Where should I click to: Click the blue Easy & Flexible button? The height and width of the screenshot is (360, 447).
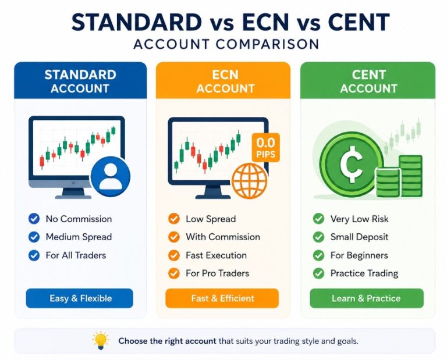(80, 298)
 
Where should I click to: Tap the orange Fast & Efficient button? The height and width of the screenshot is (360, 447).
(222, 298)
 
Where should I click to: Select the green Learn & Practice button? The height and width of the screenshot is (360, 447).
(367, 298)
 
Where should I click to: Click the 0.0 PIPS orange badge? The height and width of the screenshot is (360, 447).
(265, 148)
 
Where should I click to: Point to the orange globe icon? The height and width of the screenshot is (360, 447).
(250, 180)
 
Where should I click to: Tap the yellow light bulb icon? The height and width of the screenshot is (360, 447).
(101, 340)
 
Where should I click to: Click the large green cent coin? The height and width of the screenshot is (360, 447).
(352, 165)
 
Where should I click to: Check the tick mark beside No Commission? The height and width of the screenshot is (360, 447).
(34, 219)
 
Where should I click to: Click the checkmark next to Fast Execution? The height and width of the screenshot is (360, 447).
(174, 255)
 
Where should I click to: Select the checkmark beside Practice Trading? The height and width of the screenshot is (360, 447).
(318, 273)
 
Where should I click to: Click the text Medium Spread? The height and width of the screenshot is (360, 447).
(79, 237)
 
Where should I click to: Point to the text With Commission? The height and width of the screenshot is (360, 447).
(223, 237)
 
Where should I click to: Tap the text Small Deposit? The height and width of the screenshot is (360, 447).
(360, 237)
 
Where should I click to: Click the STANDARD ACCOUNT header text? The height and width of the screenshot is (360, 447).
(80, 81)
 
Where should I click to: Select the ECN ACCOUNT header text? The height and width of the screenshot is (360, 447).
(225, 81)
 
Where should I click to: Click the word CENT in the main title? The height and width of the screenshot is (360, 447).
(359, 22)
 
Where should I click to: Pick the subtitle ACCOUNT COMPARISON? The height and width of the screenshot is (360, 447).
(226, 44)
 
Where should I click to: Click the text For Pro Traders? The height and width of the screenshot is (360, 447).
(218, 273)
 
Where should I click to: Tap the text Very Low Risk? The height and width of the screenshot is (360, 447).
(360, 219)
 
